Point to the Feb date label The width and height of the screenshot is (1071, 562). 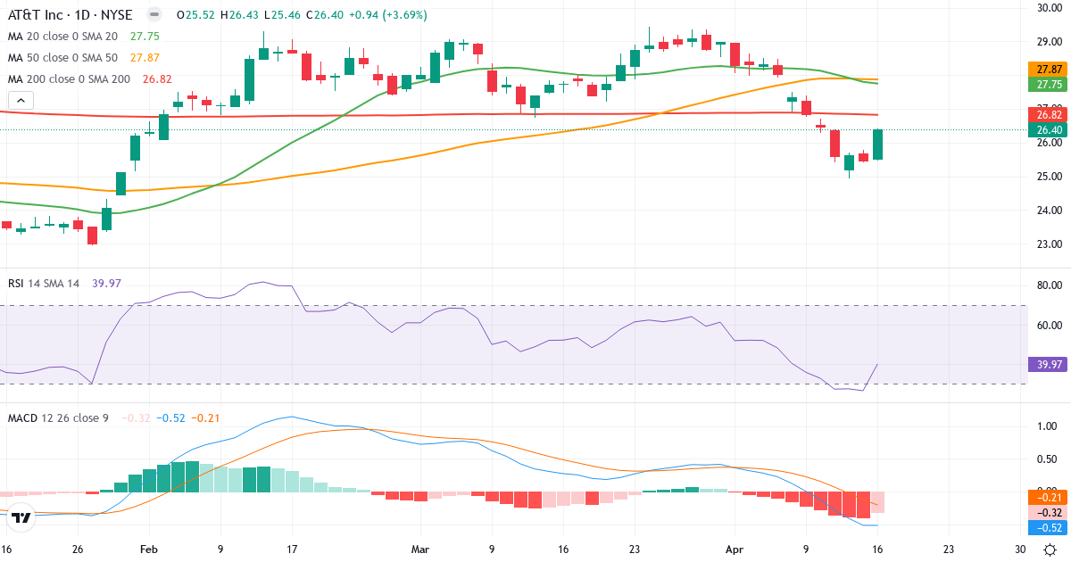(x=149, y=550)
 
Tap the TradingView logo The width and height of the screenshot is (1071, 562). (x=21, y=517)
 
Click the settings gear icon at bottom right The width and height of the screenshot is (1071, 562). (x=1050, y=550)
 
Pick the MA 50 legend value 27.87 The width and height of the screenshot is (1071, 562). (x=145, y=58)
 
